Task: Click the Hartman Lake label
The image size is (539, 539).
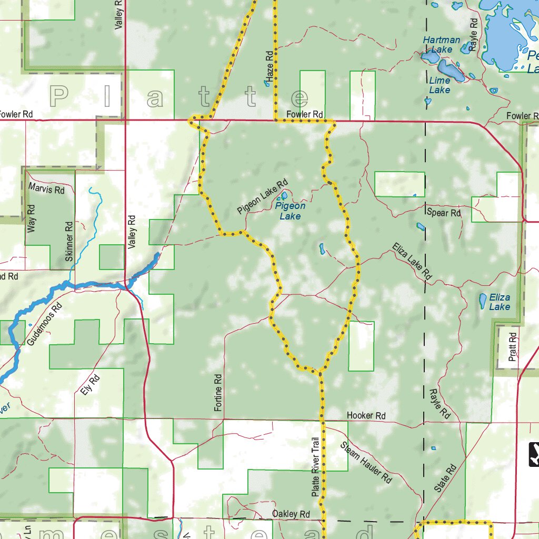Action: point(441,45)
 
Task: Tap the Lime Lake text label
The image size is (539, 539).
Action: point(440,85)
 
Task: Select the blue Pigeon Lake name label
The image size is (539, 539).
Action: point(290,211)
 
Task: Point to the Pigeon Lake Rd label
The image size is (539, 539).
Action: point(263,196)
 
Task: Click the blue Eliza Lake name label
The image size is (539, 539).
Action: point(500,302)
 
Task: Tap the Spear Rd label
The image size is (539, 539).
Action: point(444,213)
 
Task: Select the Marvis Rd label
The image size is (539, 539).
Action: point(46,189)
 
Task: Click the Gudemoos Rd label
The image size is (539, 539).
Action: point(47,323)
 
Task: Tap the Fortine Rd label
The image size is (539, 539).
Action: point(218,392)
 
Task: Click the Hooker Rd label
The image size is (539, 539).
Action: point(366,416)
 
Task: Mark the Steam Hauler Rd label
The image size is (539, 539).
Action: point(366,463)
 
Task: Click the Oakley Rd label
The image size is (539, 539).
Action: point(291,514)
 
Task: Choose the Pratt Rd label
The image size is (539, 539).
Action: point(513,346)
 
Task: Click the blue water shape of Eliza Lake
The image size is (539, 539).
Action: point(482,301)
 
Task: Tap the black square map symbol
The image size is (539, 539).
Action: point(534,454)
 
